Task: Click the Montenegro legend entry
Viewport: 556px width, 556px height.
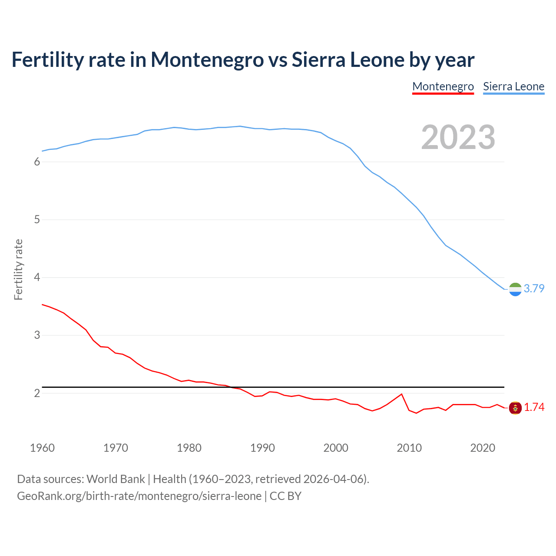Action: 443,86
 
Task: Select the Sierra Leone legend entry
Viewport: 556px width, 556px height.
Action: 513,86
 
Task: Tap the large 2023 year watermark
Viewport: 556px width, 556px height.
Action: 458,137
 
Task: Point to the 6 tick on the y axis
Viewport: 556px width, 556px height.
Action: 37,162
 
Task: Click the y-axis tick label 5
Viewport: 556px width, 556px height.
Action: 37,220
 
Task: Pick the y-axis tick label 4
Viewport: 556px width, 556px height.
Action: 37,278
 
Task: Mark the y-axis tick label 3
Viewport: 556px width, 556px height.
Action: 37,335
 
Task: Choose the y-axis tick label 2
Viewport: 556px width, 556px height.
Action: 37,393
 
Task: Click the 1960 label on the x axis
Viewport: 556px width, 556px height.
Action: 42,448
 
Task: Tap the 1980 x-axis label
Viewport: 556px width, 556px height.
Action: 189,448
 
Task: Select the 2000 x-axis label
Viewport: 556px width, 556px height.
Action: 336,448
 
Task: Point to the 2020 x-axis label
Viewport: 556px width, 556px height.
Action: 483,448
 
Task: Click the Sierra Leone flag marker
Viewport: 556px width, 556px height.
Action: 515,289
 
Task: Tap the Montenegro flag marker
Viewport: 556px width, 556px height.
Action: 515,408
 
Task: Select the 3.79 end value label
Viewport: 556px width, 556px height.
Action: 534,289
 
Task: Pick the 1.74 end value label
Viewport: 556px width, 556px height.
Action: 534,407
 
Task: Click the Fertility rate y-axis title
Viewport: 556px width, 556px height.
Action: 18,269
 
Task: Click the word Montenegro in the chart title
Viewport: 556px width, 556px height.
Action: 207,60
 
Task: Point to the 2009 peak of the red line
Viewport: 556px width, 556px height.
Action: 401,394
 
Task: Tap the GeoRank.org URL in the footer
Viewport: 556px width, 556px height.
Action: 139,496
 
